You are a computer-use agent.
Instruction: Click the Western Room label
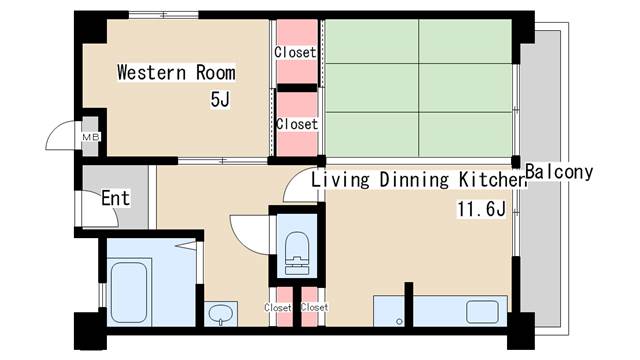176,73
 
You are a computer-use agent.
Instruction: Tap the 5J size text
220,99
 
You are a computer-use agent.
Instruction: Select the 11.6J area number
482,209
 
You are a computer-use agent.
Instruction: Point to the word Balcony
559,172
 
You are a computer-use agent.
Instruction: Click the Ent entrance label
116,198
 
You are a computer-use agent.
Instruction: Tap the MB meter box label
91,137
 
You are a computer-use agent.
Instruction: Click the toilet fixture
297,253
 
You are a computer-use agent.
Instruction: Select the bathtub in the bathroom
129,292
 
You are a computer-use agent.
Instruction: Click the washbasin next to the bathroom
220,314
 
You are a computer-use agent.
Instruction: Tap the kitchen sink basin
482,312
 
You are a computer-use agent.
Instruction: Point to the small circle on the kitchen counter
399,322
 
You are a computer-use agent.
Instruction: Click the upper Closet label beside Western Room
295,52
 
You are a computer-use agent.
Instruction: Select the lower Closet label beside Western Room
297,124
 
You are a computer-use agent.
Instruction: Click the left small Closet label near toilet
278,307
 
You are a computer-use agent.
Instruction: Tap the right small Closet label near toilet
314,307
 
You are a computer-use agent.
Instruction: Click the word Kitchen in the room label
492,180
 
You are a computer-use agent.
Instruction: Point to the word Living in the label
340,180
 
